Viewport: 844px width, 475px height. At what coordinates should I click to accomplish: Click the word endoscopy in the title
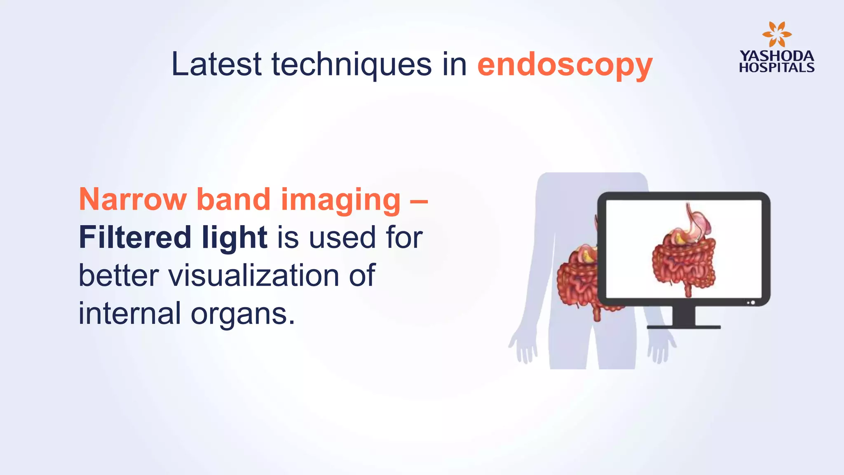[565, 65]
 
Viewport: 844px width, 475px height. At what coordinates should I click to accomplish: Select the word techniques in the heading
[351, 65]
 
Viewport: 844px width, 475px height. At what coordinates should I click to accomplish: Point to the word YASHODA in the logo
[776, 56]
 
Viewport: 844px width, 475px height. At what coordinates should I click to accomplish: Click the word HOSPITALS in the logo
[776, 68]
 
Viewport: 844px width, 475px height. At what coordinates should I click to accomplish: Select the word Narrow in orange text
[133, 200]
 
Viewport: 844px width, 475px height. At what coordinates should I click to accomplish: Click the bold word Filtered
[135, 237]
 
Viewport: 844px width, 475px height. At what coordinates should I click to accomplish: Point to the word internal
[129, 313]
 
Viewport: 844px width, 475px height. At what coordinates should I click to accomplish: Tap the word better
[119, 275]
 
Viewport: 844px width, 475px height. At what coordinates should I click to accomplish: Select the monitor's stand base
[684, 327]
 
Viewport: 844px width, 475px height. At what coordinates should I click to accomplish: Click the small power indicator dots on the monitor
[751, 303]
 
